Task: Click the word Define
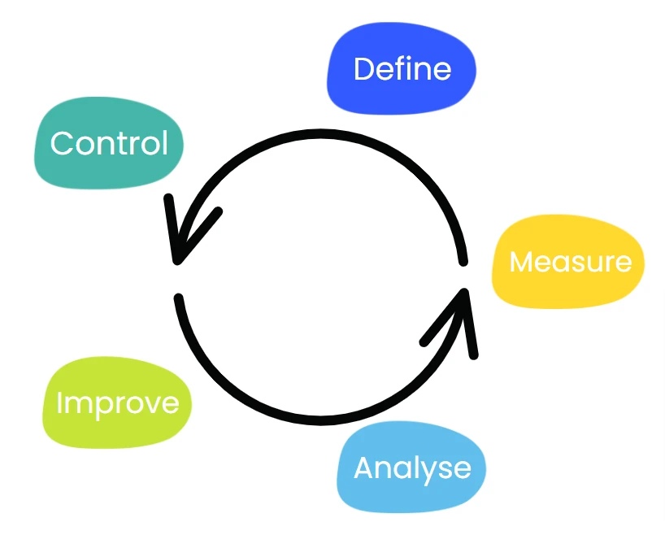402,69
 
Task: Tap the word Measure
570,262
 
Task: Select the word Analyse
412,468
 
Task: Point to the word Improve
117,403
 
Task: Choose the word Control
109,144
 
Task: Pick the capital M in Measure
522,262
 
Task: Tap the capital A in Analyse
364,468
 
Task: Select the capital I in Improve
59,403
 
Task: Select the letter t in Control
127,145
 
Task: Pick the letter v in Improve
149,405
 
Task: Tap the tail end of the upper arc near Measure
463,260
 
